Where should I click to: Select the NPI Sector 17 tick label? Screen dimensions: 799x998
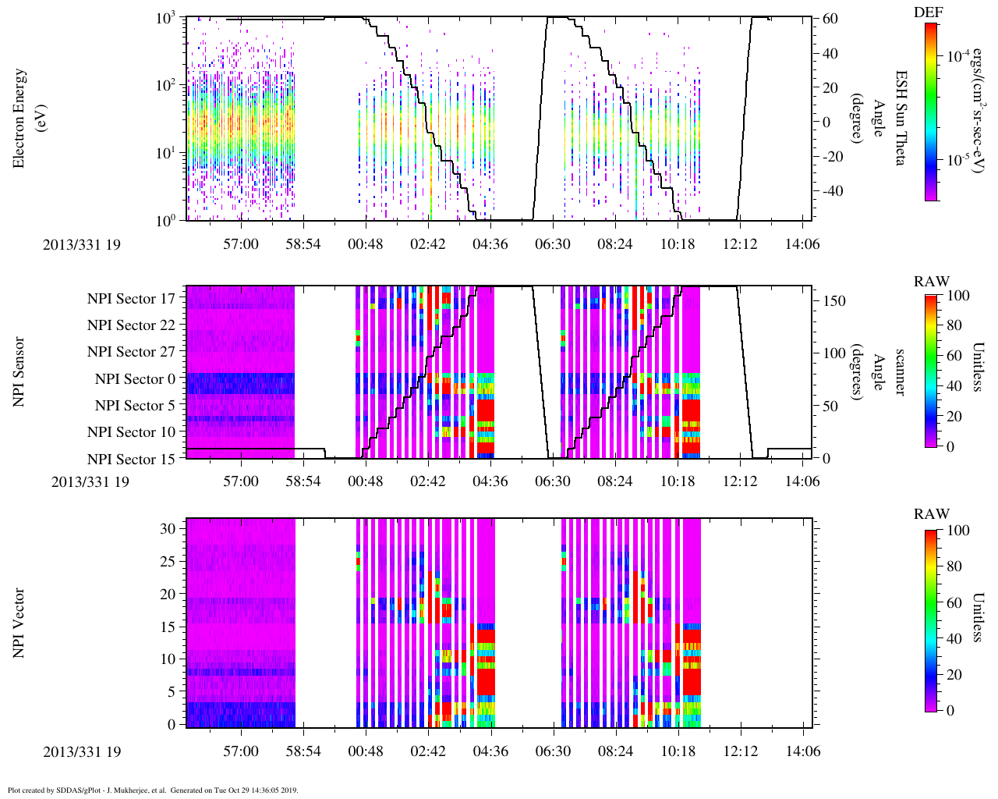click(131, 298)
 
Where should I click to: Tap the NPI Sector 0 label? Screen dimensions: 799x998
click(135, 379)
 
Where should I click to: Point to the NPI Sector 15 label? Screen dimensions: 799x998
click(131, 459)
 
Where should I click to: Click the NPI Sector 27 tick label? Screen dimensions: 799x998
click(131, 352)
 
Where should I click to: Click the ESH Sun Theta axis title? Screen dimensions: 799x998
click(900, 118)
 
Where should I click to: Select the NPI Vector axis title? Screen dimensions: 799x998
click(19, 623)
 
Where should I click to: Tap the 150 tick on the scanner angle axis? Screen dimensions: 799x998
click(834, 301)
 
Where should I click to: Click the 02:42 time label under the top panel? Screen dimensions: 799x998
click(428, 244)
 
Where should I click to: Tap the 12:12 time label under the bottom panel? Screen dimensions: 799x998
click(740, 752)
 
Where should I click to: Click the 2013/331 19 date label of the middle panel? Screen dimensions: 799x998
click(90, 481)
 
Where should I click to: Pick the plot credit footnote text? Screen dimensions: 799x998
click(153, 790)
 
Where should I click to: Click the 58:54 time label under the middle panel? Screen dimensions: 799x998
click(303, 481)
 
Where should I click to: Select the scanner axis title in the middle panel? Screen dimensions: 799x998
click(900, 371)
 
